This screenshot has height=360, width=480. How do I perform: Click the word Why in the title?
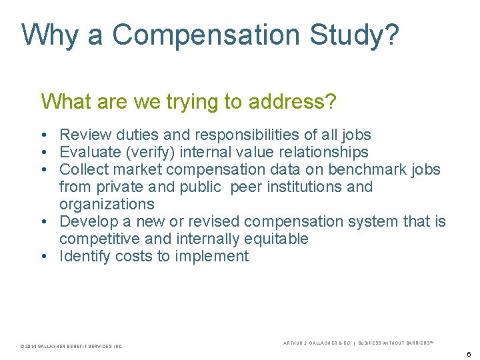(x=51, y=35)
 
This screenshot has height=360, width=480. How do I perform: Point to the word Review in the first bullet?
(x=83, y=135)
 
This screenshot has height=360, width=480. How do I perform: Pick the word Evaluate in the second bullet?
(x=89, y=153)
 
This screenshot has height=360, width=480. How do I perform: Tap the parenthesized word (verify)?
(x=150, y=153)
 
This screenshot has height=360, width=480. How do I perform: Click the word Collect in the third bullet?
(x=83, y=169)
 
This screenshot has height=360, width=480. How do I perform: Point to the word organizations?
(x=107, y=204)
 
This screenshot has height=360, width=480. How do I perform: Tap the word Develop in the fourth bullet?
(x=87, y=221)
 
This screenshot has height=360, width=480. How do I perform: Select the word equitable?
(x=276, y=239)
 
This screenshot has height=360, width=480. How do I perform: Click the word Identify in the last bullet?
(x=85, y=256)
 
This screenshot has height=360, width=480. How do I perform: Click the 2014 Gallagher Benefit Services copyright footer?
(x=71, y=346)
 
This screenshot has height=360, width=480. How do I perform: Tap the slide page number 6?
(x=469, y=354)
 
